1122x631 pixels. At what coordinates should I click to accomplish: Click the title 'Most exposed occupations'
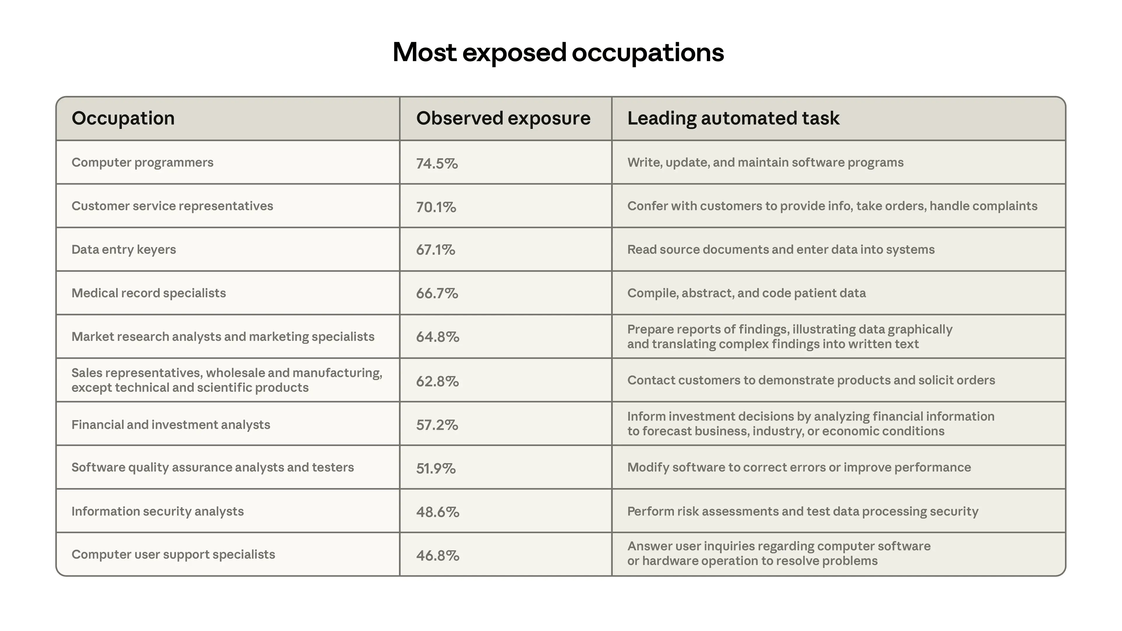(558, 53)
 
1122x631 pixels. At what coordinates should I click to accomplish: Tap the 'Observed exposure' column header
(503, 118)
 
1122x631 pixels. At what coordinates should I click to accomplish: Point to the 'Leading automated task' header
(733, 118)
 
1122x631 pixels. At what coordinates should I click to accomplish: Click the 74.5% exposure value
(437, 164)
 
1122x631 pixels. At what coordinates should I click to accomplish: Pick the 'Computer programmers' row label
(142, 162)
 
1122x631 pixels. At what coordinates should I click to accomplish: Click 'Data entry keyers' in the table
(124, 249)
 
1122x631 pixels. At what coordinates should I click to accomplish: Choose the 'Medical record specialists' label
(148, 293)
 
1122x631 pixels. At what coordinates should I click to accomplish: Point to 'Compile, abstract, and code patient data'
(746, 293)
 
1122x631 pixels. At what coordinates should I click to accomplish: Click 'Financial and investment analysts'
(171, 424)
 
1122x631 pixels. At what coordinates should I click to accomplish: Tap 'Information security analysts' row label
(157, 511)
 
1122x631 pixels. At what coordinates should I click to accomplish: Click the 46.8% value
(437, 556)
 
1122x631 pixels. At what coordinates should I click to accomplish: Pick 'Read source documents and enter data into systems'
(780, 249)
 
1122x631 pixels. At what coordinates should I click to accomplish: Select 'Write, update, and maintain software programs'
(765, 162)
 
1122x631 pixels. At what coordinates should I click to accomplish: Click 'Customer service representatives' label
(172, 206)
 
